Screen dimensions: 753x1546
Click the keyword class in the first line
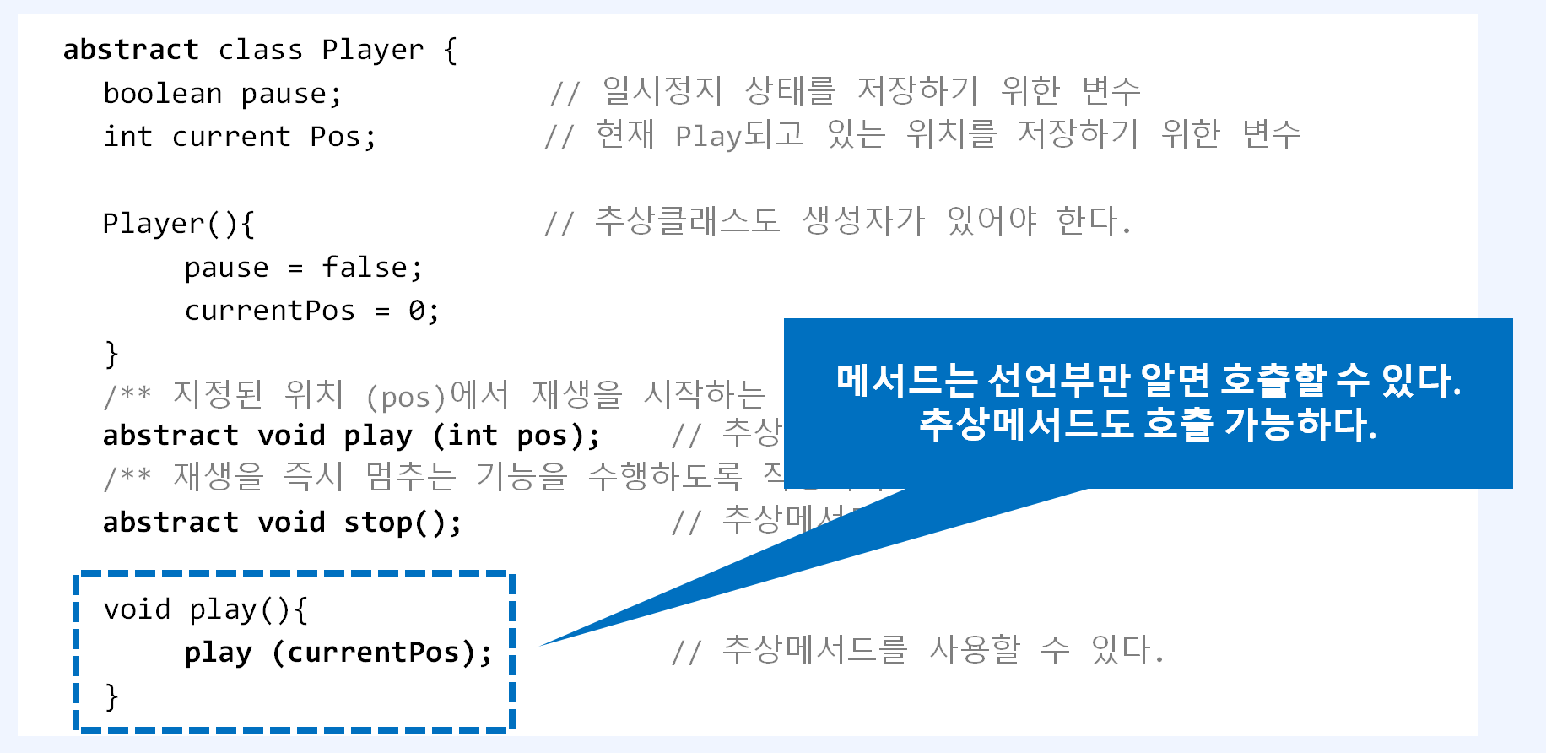[260, 50]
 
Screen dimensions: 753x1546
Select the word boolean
[162, 93]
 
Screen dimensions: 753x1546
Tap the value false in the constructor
[364, 267]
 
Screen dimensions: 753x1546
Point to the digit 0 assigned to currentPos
[417, 311]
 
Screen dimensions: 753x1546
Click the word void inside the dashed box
[137, 609]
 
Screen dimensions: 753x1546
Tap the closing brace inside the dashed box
[111, 696]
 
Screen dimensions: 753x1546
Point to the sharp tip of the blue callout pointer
[543, 646]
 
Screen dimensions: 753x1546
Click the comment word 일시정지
[662, 91]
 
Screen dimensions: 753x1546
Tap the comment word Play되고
[739, 135]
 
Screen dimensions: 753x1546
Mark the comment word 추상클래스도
[687, 221]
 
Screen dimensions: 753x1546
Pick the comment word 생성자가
[862, 221]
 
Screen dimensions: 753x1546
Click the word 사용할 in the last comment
[975, 650]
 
